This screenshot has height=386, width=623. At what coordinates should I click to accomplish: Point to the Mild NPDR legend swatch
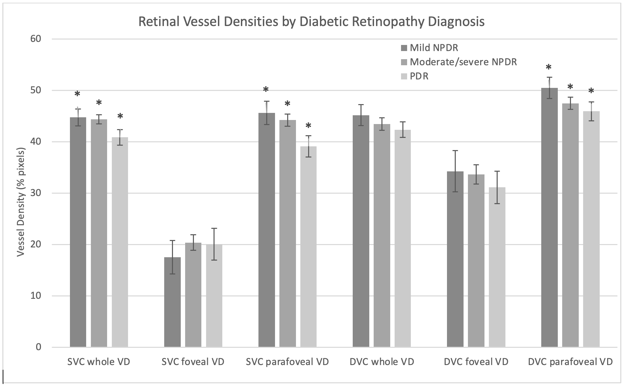click(404, 48)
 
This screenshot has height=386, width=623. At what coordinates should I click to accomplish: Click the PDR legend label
click(419, 76)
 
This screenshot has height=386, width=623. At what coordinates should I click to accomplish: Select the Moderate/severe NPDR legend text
click(463, 62)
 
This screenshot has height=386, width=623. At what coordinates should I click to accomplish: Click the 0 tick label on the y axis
click(38, 347)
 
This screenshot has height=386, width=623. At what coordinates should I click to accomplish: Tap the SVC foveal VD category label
click(193, 362)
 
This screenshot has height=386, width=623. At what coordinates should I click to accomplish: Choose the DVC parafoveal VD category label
click(570, 362)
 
